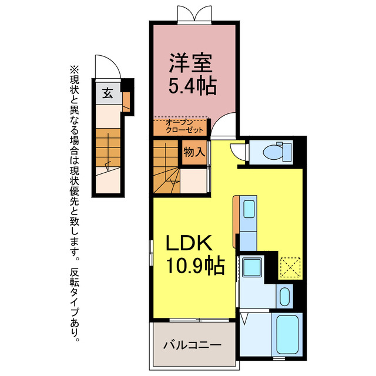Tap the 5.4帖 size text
pos(192,86)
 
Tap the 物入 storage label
pos(194,152)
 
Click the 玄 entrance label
pos(108,92)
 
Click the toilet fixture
pos(276,152)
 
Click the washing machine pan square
pos(252,268)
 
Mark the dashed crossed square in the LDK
pos(290,267)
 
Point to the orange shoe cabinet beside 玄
pos(126,102)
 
